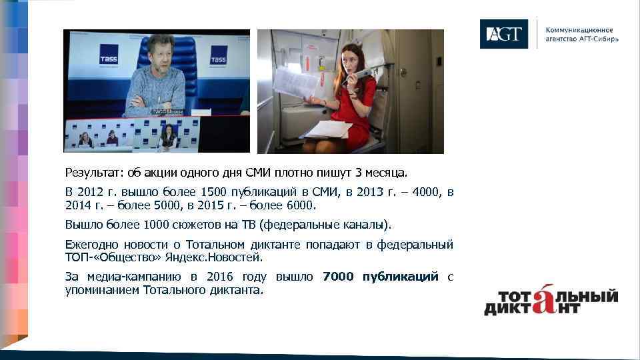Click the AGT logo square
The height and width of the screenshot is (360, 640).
(x=503, y=34)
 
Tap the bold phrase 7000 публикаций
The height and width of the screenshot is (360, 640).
(x=380, y=277)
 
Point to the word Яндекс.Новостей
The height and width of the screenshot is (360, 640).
(x=227, y=257)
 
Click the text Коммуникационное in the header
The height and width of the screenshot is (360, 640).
(x=579, y=30)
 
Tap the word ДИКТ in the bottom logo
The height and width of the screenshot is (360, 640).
(x=509, y=309)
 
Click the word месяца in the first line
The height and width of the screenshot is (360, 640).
(x=387, y=174)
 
